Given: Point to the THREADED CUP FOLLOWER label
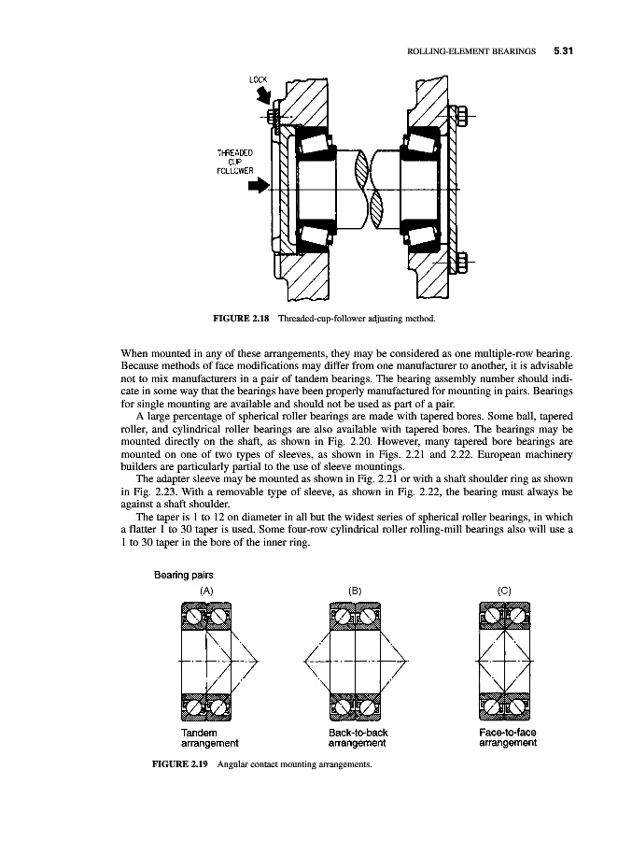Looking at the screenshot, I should [230, 163].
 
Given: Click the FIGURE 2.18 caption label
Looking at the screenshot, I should [242, 320].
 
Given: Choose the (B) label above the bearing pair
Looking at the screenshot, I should [355, 591].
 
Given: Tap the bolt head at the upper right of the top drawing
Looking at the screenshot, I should [463, 117].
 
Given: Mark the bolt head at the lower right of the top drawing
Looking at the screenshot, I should [463, 261].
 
